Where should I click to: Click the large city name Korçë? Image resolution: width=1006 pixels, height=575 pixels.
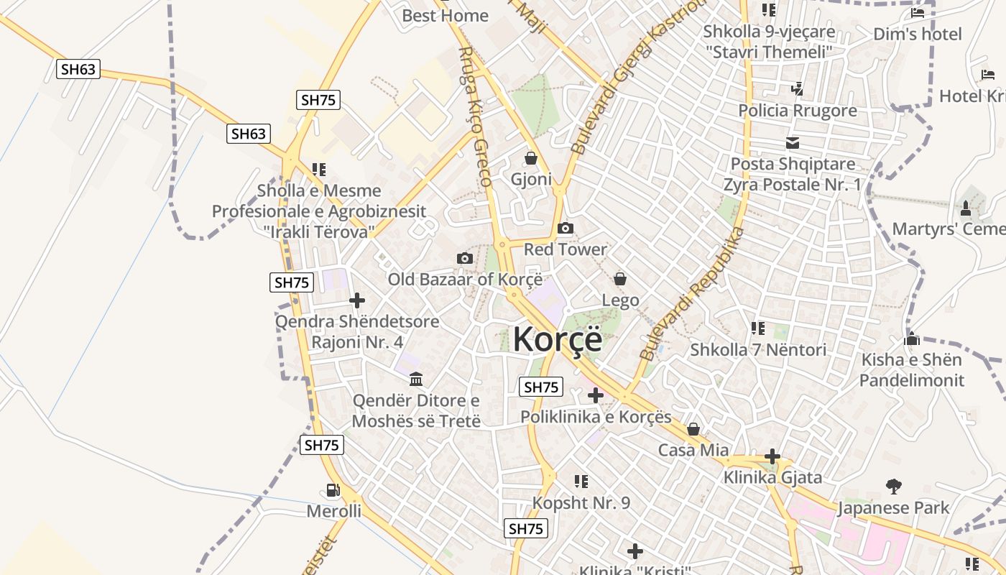[558, 339]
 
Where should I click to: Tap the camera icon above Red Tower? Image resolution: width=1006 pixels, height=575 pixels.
[566, 229]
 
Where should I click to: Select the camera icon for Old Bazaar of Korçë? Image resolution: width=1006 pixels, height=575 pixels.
[465, 258]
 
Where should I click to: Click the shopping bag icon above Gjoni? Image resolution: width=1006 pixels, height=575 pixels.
[531, 158]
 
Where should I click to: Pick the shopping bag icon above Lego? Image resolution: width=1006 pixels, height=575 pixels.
[620, 279]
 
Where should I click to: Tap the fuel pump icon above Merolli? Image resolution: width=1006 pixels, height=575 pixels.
[333, 490]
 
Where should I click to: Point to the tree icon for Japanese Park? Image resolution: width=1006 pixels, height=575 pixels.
[893, 487]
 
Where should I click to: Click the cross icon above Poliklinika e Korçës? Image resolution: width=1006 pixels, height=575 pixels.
[596, 395]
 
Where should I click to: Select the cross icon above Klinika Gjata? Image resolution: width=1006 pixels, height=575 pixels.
[772, 456]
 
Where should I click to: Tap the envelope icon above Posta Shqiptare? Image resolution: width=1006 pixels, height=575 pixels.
[793, 143]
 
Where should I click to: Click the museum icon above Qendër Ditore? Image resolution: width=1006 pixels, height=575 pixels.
[416, 379]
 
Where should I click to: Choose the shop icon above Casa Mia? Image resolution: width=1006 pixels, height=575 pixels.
[693, 429]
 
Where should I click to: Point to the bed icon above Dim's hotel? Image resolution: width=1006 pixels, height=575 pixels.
[918, 12]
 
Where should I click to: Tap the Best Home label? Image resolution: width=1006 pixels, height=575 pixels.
[445, 15]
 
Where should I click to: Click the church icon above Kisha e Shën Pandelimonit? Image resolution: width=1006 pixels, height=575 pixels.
[913, 339]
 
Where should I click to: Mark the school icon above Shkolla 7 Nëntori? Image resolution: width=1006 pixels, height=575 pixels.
[758, 328]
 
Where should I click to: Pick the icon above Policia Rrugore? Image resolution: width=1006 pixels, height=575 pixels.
[797, 89]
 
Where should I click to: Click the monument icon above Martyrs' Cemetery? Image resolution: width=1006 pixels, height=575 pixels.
[966, 208]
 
